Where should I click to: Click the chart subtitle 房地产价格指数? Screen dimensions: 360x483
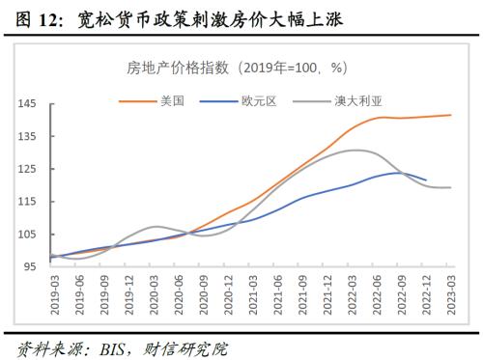[x=178, y=68]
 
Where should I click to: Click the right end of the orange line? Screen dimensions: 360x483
[x=451, y=115]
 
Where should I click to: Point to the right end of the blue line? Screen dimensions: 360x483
[x=426, y=180]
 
